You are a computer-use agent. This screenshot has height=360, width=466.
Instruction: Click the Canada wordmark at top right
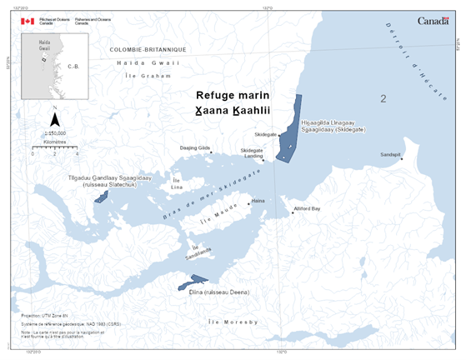(434, 21)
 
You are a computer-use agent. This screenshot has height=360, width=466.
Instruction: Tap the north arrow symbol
(54, 119)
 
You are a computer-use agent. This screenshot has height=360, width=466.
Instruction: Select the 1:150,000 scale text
(54, 132)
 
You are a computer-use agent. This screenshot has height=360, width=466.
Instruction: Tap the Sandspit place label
(390, 154)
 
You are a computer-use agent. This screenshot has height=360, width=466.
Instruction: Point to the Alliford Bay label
(308, 208)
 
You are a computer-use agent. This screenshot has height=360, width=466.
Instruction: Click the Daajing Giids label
(195, 147)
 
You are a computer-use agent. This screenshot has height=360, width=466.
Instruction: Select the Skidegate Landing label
(252, 152)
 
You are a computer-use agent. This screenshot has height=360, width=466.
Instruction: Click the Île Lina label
(176, 183)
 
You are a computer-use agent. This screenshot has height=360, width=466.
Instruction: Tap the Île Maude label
(218, 220)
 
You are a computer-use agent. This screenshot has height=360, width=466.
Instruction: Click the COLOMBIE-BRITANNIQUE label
(148, 50)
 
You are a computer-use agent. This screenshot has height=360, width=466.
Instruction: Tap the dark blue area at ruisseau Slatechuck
(102, 197)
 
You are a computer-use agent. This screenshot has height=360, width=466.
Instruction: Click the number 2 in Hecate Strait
(383, 99)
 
